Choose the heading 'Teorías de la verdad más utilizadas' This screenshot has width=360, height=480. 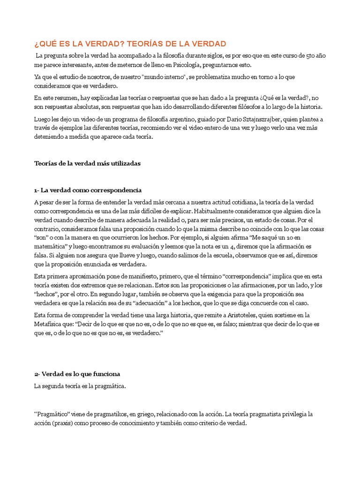(87, 163)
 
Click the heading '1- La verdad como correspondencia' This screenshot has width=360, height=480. (88, 190)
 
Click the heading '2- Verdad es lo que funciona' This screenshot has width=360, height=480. (77, 374)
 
